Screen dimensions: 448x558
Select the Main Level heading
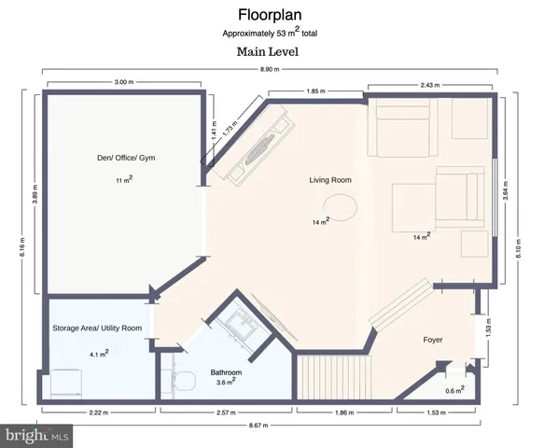pos(267,51)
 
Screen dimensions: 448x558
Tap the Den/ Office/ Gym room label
pos(123,156)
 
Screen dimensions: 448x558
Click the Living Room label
pos(330,179)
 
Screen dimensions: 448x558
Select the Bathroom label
pos(225,372)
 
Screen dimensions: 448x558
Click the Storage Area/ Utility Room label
pos(97,329)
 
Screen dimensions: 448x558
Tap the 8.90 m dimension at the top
pos(267,68)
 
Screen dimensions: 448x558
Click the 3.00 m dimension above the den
pos(123,83)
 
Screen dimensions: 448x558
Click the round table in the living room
pos(342,205)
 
